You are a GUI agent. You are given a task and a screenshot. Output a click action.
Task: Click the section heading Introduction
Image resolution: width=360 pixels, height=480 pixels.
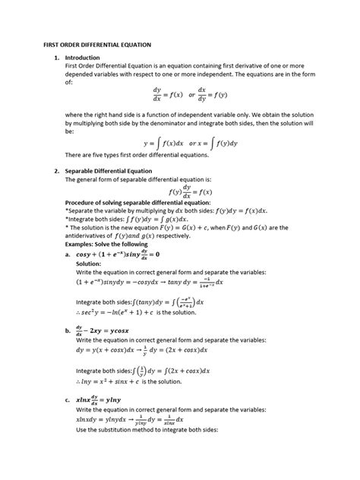pyautogui.click(x=83, y=58)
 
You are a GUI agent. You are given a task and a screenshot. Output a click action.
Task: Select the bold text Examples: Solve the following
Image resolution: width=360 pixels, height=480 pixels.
pyautogui.click(x=108, y=245)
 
